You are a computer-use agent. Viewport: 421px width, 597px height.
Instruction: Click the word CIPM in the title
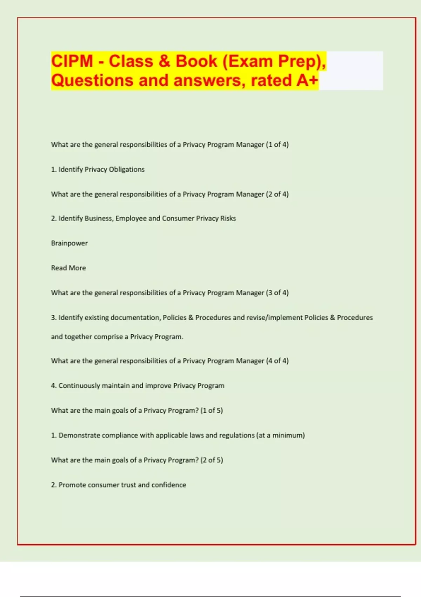[x=72, y=61]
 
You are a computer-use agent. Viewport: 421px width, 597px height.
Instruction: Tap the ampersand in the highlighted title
[x=164, y=61]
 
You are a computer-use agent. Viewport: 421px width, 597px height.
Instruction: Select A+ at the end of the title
[x=307, y=80]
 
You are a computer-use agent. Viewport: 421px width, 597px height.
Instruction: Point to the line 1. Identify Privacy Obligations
[x=98, y=169]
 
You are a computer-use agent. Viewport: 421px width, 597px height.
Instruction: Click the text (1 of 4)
[x=277, y=145]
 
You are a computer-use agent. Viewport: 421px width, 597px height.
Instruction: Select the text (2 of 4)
[x=277, y=194]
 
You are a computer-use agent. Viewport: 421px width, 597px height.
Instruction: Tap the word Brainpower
[x=69, y=243]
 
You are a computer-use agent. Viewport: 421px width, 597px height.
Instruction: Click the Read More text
[x=68, y=268]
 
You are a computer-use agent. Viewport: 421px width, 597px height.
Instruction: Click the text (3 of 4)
[x=277, y=293]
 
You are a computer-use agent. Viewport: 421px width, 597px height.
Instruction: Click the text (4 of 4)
[x=277, y=361]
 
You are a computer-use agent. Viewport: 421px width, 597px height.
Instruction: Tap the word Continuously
[x=79, y=386]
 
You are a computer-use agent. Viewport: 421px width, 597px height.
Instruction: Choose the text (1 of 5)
[x=212, y=411]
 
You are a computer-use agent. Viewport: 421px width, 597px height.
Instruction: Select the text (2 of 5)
[x=212, y=460]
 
